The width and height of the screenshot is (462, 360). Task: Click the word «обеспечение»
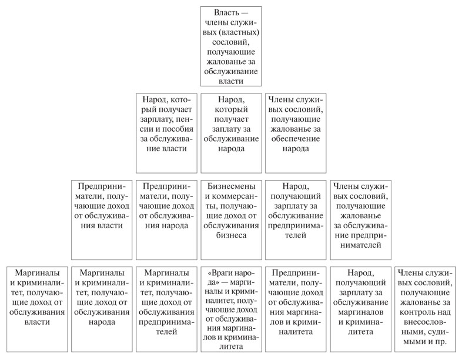point(295,139)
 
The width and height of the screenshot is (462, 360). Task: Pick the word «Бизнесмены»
point(230,185)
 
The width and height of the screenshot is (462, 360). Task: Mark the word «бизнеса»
point(230,235)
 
